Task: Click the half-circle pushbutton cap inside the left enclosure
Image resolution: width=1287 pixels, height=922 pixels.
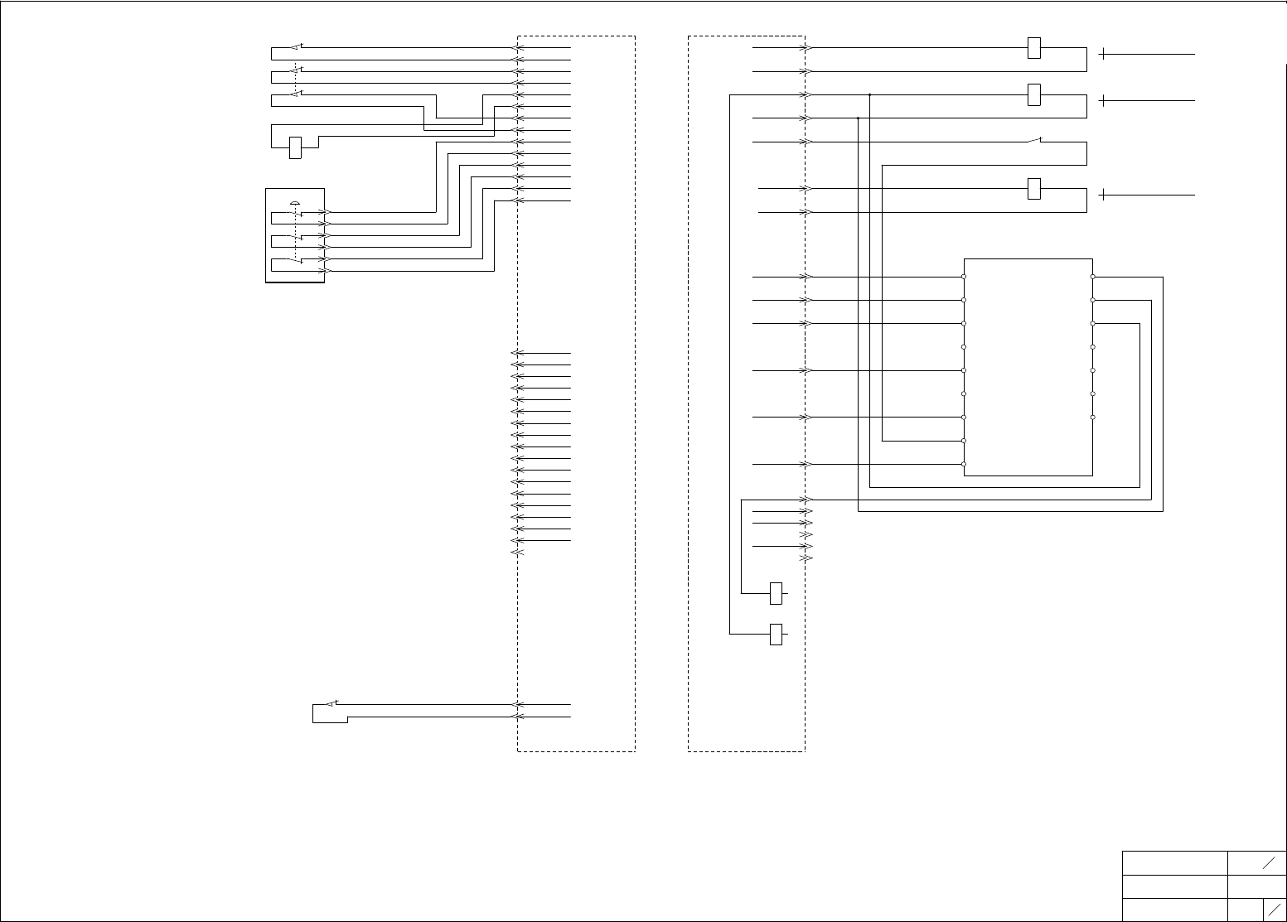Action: [x=295, y=203]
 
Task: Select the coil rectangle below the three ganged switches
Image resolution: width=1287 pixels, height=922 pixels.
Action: [x=295, y=147]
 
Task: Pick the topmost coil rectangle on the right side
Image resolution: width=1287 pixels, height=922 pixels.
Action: [x=1033, y=48]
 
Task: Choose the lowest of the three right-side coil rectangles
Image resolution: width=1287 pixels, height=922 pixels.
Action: [x=1033, y=189]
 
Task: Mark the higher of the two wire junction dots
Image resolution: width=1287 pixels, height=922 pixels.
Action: [x=870, y=95]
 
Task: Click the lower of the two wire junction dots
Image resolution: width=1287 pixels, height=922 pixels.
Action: [x=858, y=118]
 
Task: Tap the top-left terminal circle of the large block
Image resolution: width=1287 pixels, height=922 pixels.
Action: [x=964, y=277]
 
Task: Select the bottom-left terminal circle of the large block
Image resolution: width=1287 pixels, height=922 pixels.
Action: [x=964, y=465]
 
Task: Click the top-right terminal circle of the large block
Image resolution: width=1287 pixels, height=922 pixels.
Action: [x=1093, y=277]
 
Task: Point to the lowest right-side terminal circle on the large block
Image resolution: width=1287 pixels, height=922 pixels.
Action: [x=1093, y=418]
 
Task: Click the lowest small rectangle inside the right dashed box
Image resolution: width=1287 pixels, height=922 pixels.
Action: [x=777, y=635]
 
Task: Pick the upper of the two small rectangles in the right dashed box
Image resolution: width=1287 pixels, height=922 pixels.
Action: [x=777, y=593]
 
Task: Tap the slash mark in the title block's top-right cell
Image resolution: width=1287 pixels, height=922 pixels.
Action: [x=1268, y=863]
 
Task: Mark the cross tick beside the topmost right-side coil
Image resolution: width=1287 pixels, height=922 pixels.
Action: [x=1103, y=55]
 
